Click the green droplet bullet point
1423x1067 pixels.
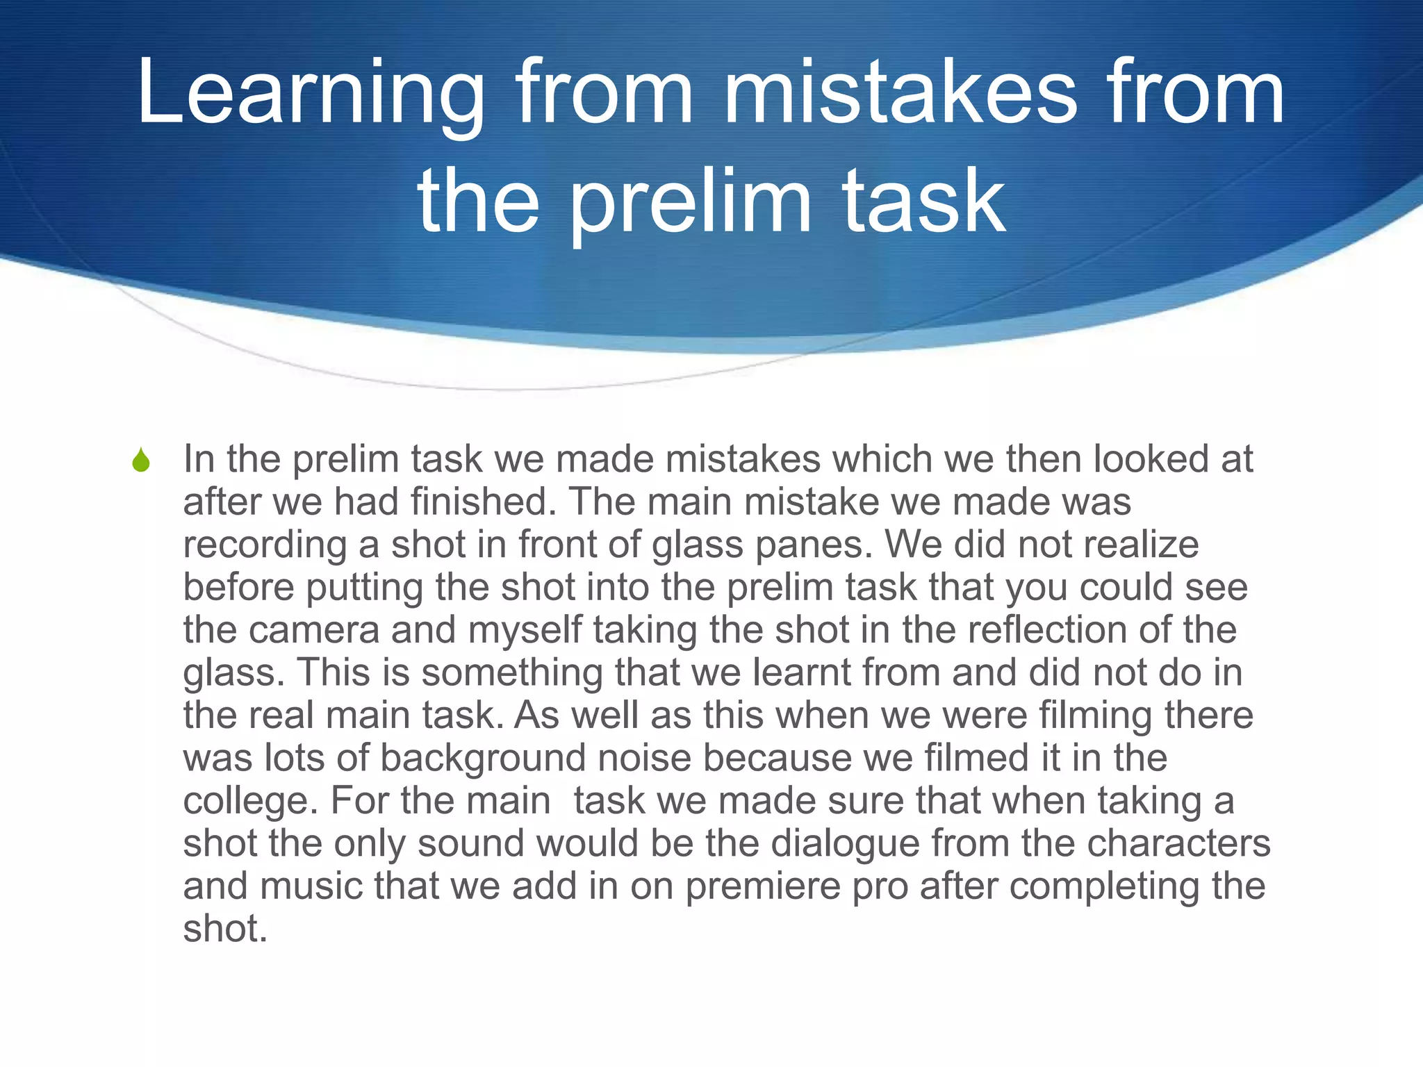[141, 461]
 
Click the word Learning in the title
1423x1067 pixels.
[310, 94]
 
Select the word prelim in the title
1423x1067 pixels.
[691, 202]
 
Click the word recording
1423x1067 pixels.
[265, 545]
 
